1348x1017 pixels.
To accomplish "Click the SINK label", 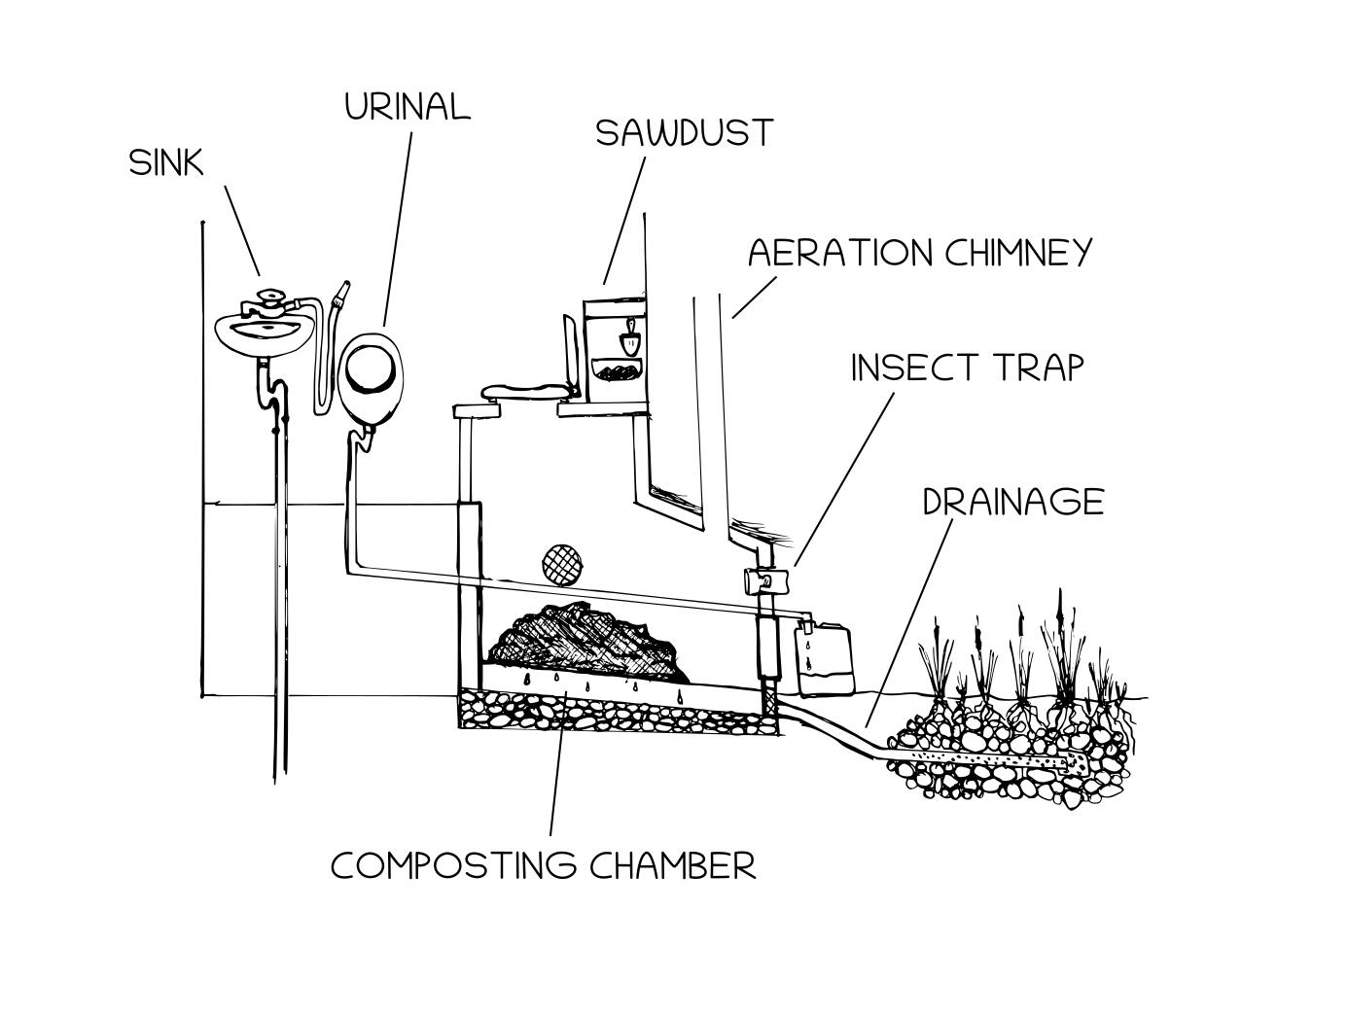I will (166, 162).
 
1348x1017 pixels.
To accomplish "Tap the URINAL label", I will (408, 106).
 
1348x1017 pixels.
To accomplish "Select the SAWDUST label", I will (684, 132).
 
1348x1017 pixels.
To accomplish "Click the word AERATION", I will (839, 253).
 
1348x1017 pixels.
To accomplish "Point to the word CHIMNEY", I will (1018, 253).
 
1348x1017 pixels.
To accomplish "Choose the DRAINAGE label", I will (1012, 502).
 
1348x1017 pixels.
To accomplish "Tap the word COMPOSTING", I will (454, 865).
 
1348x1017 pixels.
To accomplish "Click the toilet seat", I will (524, 392).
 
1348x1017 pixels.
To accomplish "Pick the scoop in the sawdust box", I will (629, 339).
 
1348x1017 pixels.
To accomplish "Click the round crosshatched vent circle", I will (561, 563).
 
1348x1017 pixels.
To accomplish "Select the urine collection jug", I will (825, 658).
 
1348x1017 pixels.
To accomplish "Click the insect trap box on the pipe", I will (759, 581).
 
